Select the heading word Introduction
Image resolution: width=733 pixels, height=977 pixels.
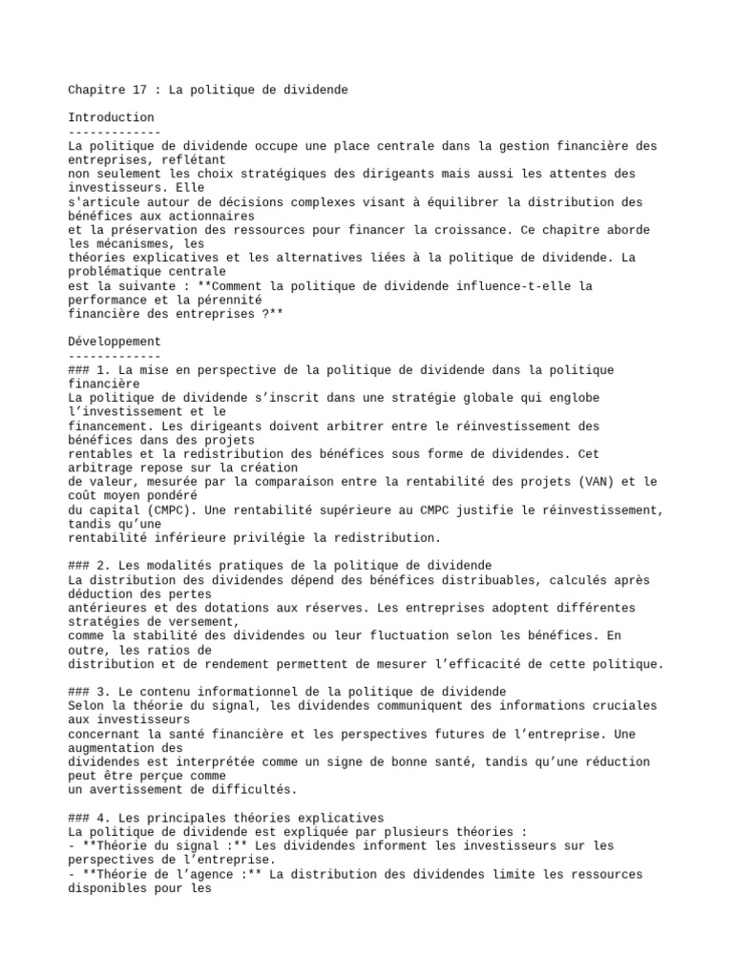click(111, 117)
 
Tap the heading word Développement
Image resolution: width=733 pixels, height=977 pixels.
click(115, 341)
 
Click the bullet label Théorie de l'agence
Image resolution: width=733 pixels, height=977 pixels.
click(163, 874)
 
